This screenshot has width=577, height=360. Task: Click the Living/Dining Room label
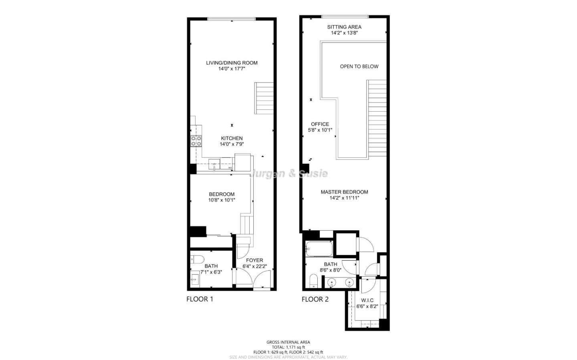coord(232,63)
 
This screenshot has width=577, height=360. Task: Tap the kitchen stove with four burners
coord(196,141)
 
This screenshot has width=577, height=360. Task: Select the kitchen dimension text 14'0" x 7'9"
coord(232,144)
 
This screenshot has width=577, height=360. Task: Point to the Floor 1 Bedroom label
coord(221,194)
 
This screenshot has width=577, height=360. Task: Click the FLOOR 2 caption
coord(315,299)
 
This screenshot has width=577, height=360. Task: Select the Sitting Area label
coord(344,27)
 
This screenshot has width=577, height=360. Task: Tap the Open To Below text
coord(359,66)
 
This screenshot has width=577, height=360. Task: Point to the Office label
coord(320,124)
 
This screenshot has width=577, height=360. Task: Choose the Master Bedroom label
coord(344,192)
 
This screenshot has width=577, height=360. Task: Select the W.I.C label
coord(367,300)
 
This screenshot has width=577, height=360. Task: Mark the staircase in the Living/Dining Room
coord(264,98)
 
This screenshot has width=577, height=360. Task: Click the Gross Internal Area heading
coord(288,342)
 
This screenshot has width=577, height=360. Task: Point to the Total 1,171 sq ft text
coord(288,347)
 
